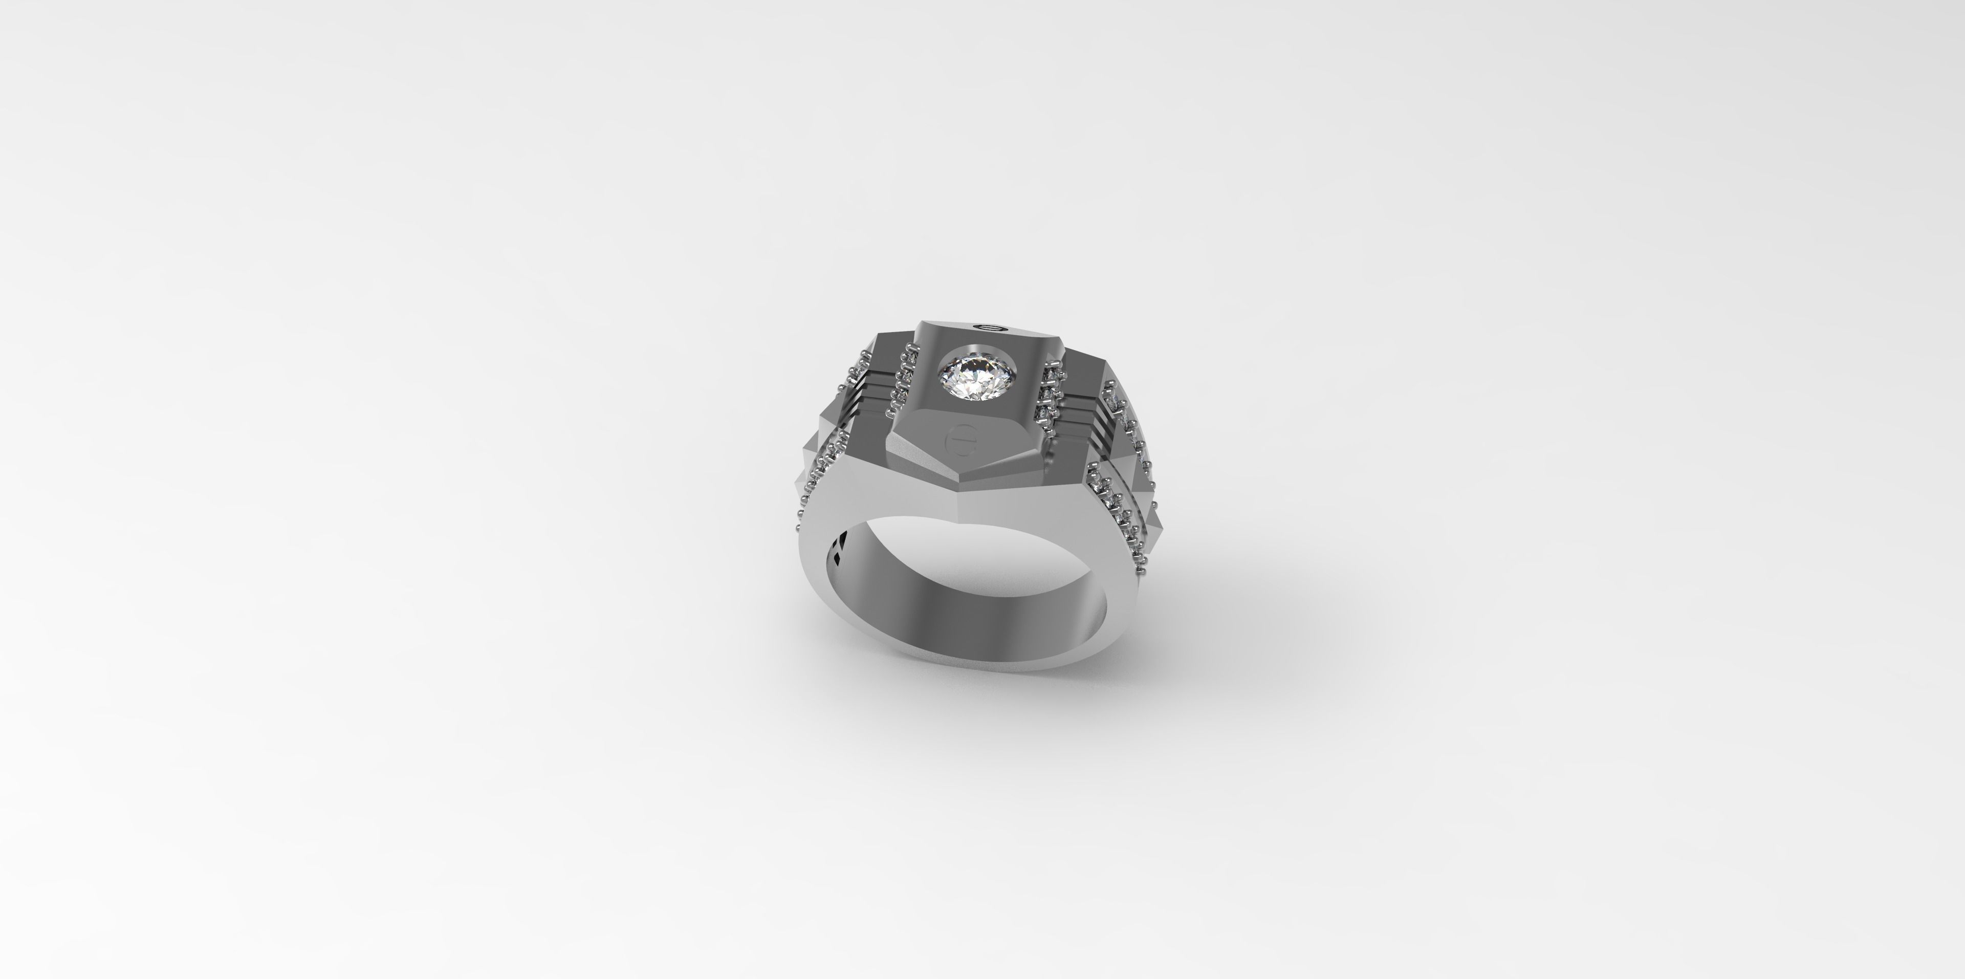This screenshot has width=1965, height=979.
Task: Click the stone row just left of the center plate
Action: tap(903, 378)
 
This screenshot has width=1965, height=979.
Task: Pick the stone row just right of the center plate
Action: tap(1051, 393)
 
